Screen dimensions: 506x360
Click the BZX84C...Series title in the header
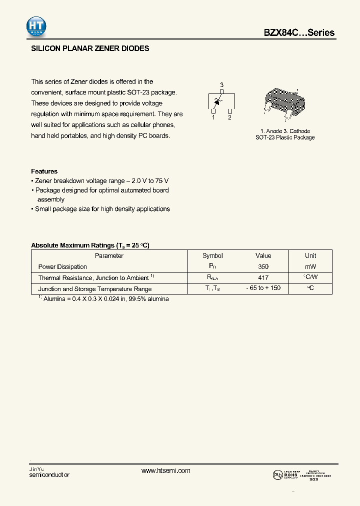pyautogui.click(x=299, y=33)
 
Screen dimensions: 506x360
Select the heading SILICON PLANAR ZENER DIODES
pyautogui.click(x=90, y=49)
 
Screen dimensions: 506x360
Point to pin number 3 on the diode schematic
pyautogui.click(x=221, y=84)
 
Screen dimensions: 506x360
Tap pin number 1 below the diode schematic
pyautogui.click(x=213, y=117)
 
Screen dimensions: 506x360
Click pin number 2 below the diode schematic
pyautogui.click(x=229, y=117)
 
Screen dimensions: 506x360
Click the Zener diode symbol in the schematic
pyautogui.click(x=217, y=101)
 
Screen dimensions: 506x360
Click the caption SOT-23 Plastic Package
pyautogui.click(x=285, y=137)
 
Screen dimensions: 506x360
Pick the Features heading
pyautogui.click(x=44, y=171)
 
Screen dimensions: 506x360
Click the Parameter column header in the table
pyautogui.click(x=109, y=255)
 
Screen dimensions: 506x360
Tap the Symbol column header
pyautogui.click(x=212, y=255)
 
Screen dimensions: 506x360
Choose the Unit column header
pyautogui.click(x=310, y=255)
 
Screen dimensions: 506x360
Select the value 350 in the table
pyautogui.click(x=263, y=267)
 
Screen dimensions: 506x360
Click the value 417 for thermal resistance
pyautogui.click(x=263, y=278)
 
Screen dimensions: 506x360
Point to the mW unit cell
pyautogui.click(x=310, y=267)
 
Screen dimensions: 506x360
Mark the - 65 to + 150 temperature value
pyautogui.click(x=263, y=289)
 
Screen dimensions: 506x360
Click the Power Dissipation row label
pyautogui.click(x=62, y=267)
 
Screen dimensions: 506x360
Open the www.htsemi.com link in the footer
pyautogui.click(x=166, y=471)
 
